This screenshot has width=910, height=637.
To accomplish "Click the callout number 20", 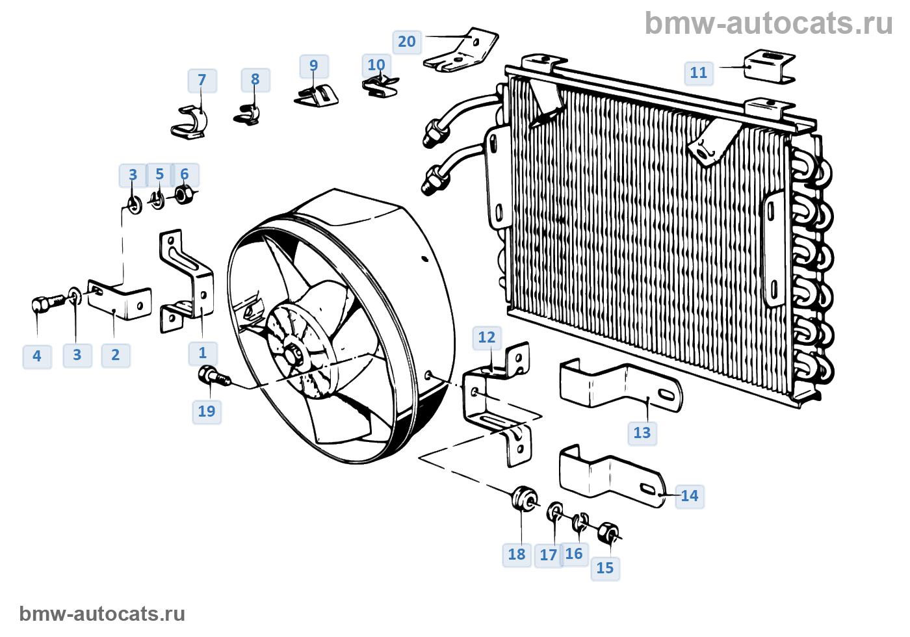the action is tap(407, 42).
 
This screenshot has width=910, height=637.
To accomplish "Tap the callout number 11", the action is tap(699, 73).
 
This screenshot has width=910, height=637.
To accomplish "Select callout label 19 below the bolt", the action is tap(207, 411).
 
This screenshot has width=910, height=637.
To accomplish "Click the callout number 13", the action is tap(642, 433).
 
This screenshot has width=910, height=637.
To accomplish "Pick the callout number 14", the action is tap(690, 495).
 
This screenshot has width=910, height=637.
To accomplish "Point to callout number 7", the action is tap(202, 80).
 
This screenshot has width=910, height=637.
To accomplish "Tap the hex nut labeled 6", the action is tap(185, 194).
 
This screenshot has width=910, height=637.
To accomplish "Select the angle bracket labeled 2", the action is tap(120, 300).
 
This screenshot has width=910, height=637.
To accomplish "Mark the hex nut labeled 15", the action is tap(609, 532).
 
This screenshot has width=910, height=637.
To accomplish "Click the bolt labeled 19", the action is tap(214, 376).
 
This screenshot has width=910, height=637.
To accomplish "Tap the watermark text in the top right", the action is tap(768, 23).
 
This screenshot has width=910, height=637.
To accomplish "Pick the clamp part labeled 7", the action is tap(189, 122).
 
